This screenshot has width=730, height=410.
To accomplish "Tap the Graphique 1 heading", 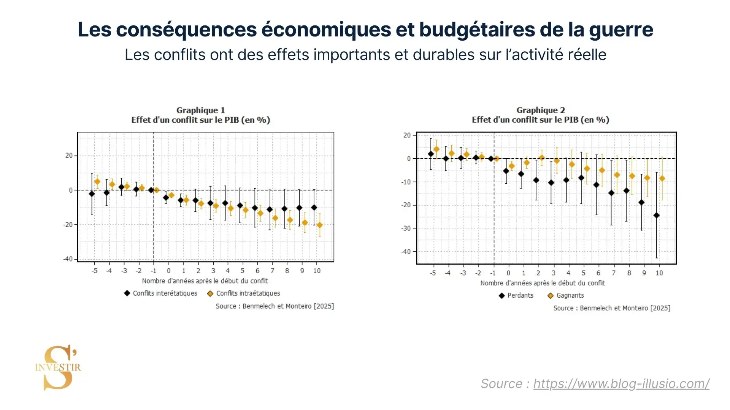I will [x=200, y=110].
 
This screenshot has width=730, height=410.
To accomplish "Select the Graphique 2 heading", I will [x=540, y=110].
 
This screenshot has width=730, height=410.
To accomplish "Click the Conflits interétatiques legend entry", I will [x=161, y=293].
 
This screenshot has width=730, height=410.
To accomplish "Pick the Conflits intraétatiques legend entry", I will [x=244, y=293].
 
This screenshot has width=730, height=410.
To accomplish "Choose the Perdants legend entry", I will [x=516, y=295].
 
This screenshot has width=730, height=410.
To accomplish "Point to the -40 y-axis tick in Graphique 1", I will [x=68, y=259].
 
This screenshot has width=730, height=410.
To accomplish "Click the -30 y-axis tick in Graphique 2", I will [x=406, y=228].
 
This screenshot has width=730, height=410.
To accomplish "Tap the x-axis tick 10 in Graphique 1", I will [x=317, y=271].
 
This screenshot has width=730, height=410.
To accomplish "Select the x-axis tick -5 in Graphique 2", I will [x=433, y=273].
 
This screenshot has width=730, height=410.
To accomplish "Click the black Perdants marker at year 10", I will [x=656, y=215].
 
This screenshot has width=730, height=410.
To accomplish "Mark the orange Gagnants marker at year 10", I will [x=662, y=178].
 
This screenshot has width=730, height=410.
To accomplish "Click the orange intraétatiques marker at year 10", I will [x=320, y=225].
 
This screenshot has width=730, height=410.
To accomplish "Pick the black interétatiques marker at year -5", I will [x=92, y=194].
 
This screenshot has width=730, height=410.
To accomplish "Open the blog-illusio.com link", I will [x=621, y=383].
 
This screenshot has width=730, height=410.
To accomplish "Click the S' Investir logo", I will [x=58, y=367].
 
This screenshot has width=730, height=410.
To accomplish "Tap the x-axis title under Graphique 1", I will [x=205, y=281].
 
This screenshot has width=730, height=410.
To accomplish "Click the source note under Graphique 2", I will [x=612, y=308].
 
